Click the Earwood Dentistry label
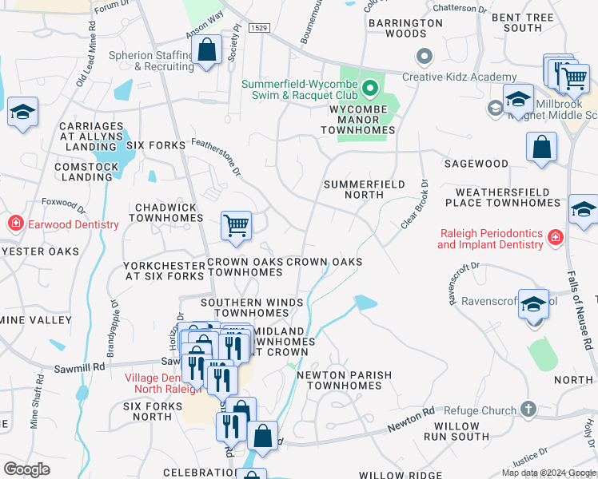[x=73, y=224]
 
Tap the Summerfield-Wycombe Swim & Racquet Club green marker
[x=369, y=86]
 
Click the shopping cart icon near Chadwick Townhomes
[x=236, y=225]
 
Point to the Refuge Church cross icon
[x=528, y=410]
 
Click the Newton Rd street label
[x=411, y=420]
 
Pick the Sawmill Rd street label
[x=80, y=368]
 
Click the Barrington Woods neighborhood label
[x=405, y=29]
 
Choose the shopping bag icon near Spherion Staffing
[x=207, y=50]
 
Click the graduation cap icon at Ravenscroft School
[x=533, y=303]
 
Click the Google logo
[x=27, y=469]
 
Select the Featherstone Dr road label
[x=215, y=155]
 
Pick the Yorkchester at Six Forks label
[x=164, y=270]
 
